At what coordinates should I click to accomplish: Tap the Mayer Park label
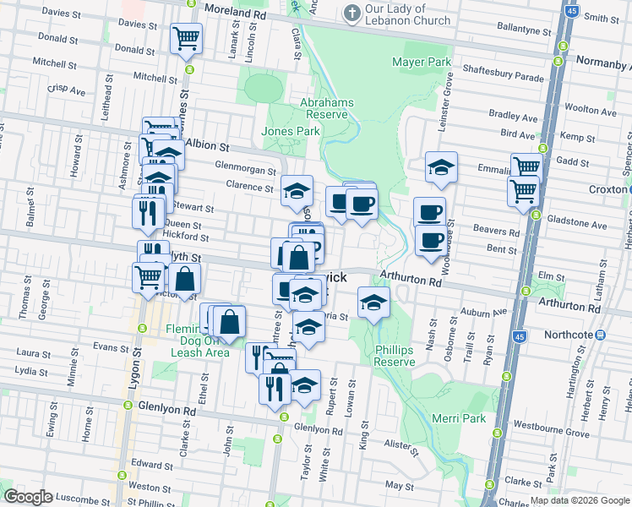pos(422,63)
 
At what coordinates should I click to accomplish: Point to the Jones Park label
pos(291,131)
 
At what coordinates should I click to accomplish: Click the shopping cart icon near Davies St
pos(185,38)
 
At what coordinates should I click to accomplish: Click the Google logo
pos(27,496)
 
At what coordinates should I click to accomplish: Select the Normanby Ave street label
pos(602,61)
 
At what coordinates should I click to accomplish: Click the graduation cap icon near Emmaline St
pos(440,167)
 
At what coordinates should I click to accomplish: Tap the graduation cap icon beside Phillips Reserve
pos(373,303)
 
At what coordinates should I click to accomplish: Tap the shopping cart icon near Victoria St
pos(148,276)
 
